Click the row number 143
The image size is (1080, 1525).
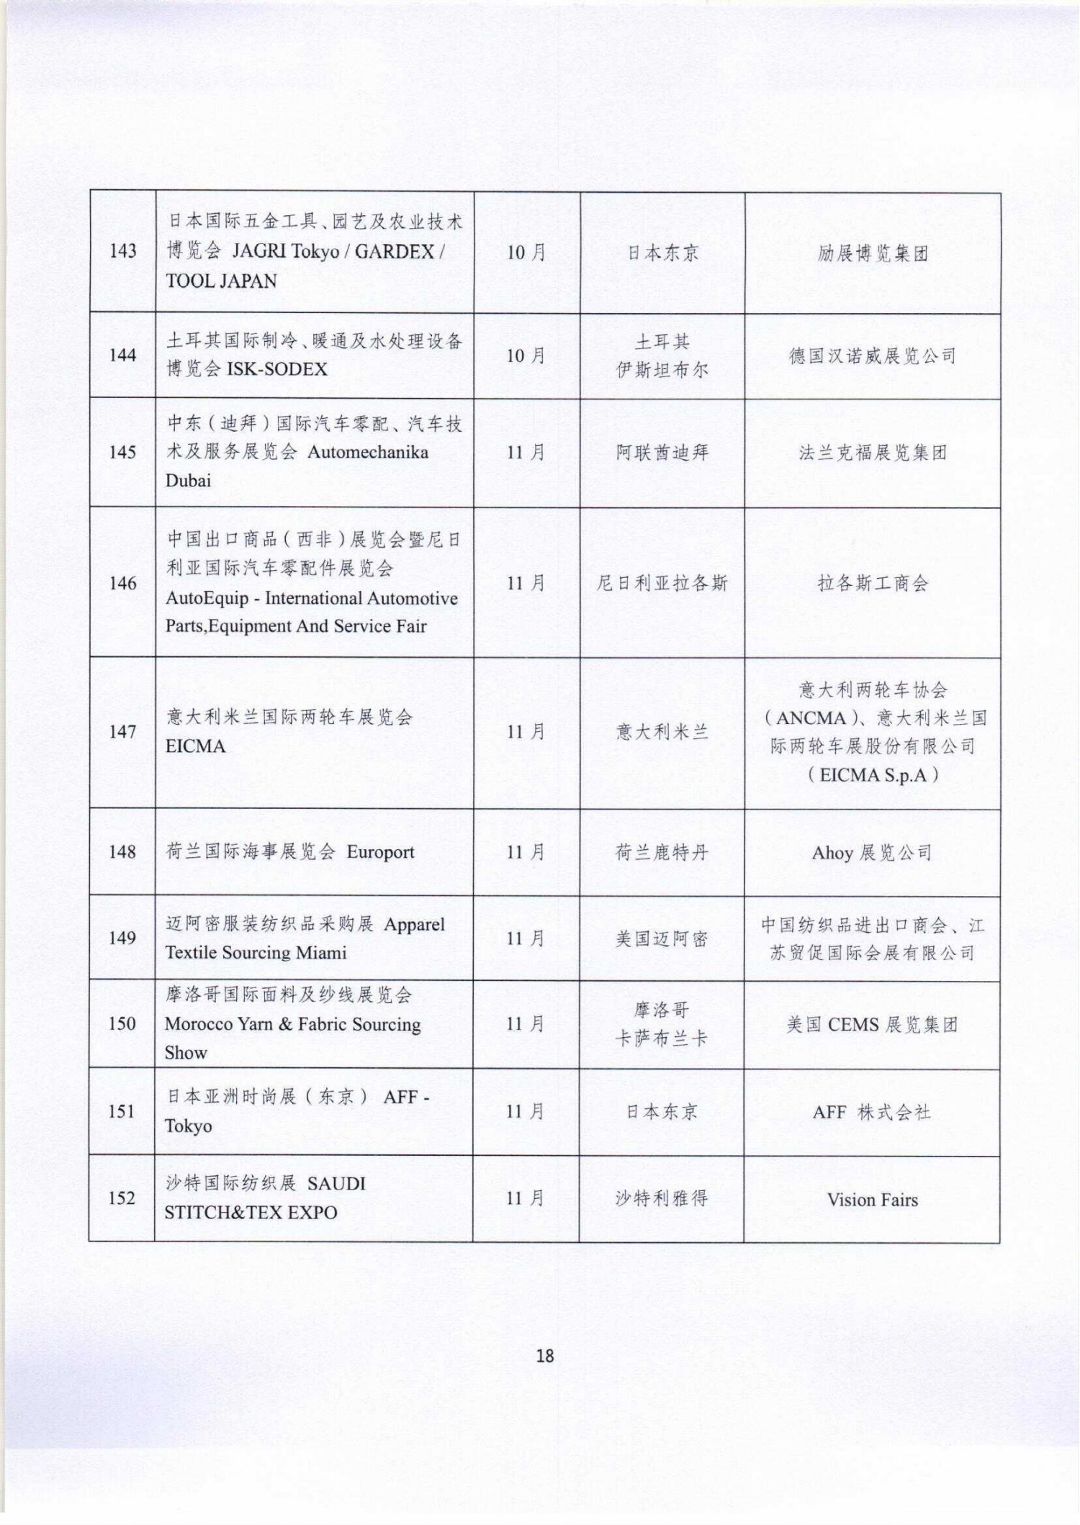click(122, 251)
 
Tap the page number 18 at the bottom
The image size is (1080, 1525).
click(545, 1356)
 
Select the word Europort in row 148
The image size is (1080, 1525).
click(380, 852)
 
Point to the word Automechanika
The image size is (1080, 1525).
click(368, 452)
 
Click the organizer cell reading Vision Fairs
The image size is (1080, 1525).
click(872, 1200)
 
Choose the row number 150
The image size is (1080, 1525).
click(122, 1023)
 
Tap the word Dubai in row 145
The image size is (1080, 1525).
click(188, 480)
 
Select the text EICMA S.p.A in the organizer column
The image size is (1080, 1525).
click(873, 775)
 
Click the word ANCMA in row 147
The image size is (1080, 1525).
click(811, 718)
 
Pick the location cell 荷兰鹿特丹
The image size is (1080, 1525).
click(662, 853)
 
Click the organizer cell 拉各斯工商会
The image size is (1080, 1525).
click(872, 584)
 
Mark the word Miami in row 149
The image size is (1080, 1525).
click(322, 953)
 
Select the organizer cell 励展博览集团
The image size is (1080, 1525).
click(872, 253)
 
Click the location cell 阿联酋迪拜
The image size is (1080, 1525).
click(662, 453)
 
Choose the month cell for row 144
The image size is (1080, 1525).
click(526, 356)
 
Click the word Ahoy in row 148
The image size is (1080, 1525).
click(832, 854)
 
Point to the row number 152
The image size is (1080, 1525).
click(122, 1198)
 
